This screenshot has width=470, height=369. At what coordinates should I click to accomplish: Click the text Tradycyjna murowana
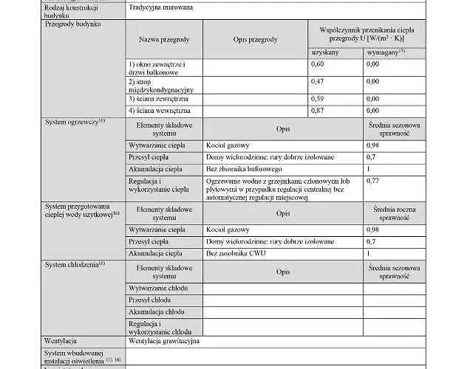(x=157, y=8)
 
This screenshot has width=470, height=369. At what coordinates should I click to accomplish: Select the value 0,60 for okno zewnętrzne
(x=317, y=64)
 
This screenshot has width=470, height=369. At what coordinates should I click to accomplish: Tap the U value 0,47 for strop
(x=317, y=81)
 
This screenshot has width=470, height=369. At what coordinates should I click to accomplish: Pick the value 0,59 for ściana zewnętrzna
(x=317, y=98)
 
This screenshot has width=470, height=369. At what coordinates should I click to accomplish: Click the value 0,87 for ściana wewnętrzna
(x=317, y=110)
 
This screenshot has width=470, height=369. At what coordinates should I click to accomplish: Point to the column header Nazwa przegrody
(x=164, y=39)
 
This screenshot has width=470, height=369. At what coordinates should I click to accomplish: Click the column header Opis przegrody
(x=255, y=39)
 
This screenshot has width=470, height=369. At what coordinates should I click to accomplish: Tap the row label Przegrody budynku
(x=73, y=24)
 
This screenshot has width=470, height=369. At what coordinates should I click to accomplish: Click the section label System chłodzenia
(x=75, y=264)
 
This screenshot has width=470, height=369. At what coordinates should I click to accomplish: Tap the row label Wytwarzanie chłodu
(x=158, y=288)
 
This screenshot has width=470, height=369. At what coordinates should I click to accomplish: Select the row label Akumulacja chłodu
(x=157, y=312)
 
